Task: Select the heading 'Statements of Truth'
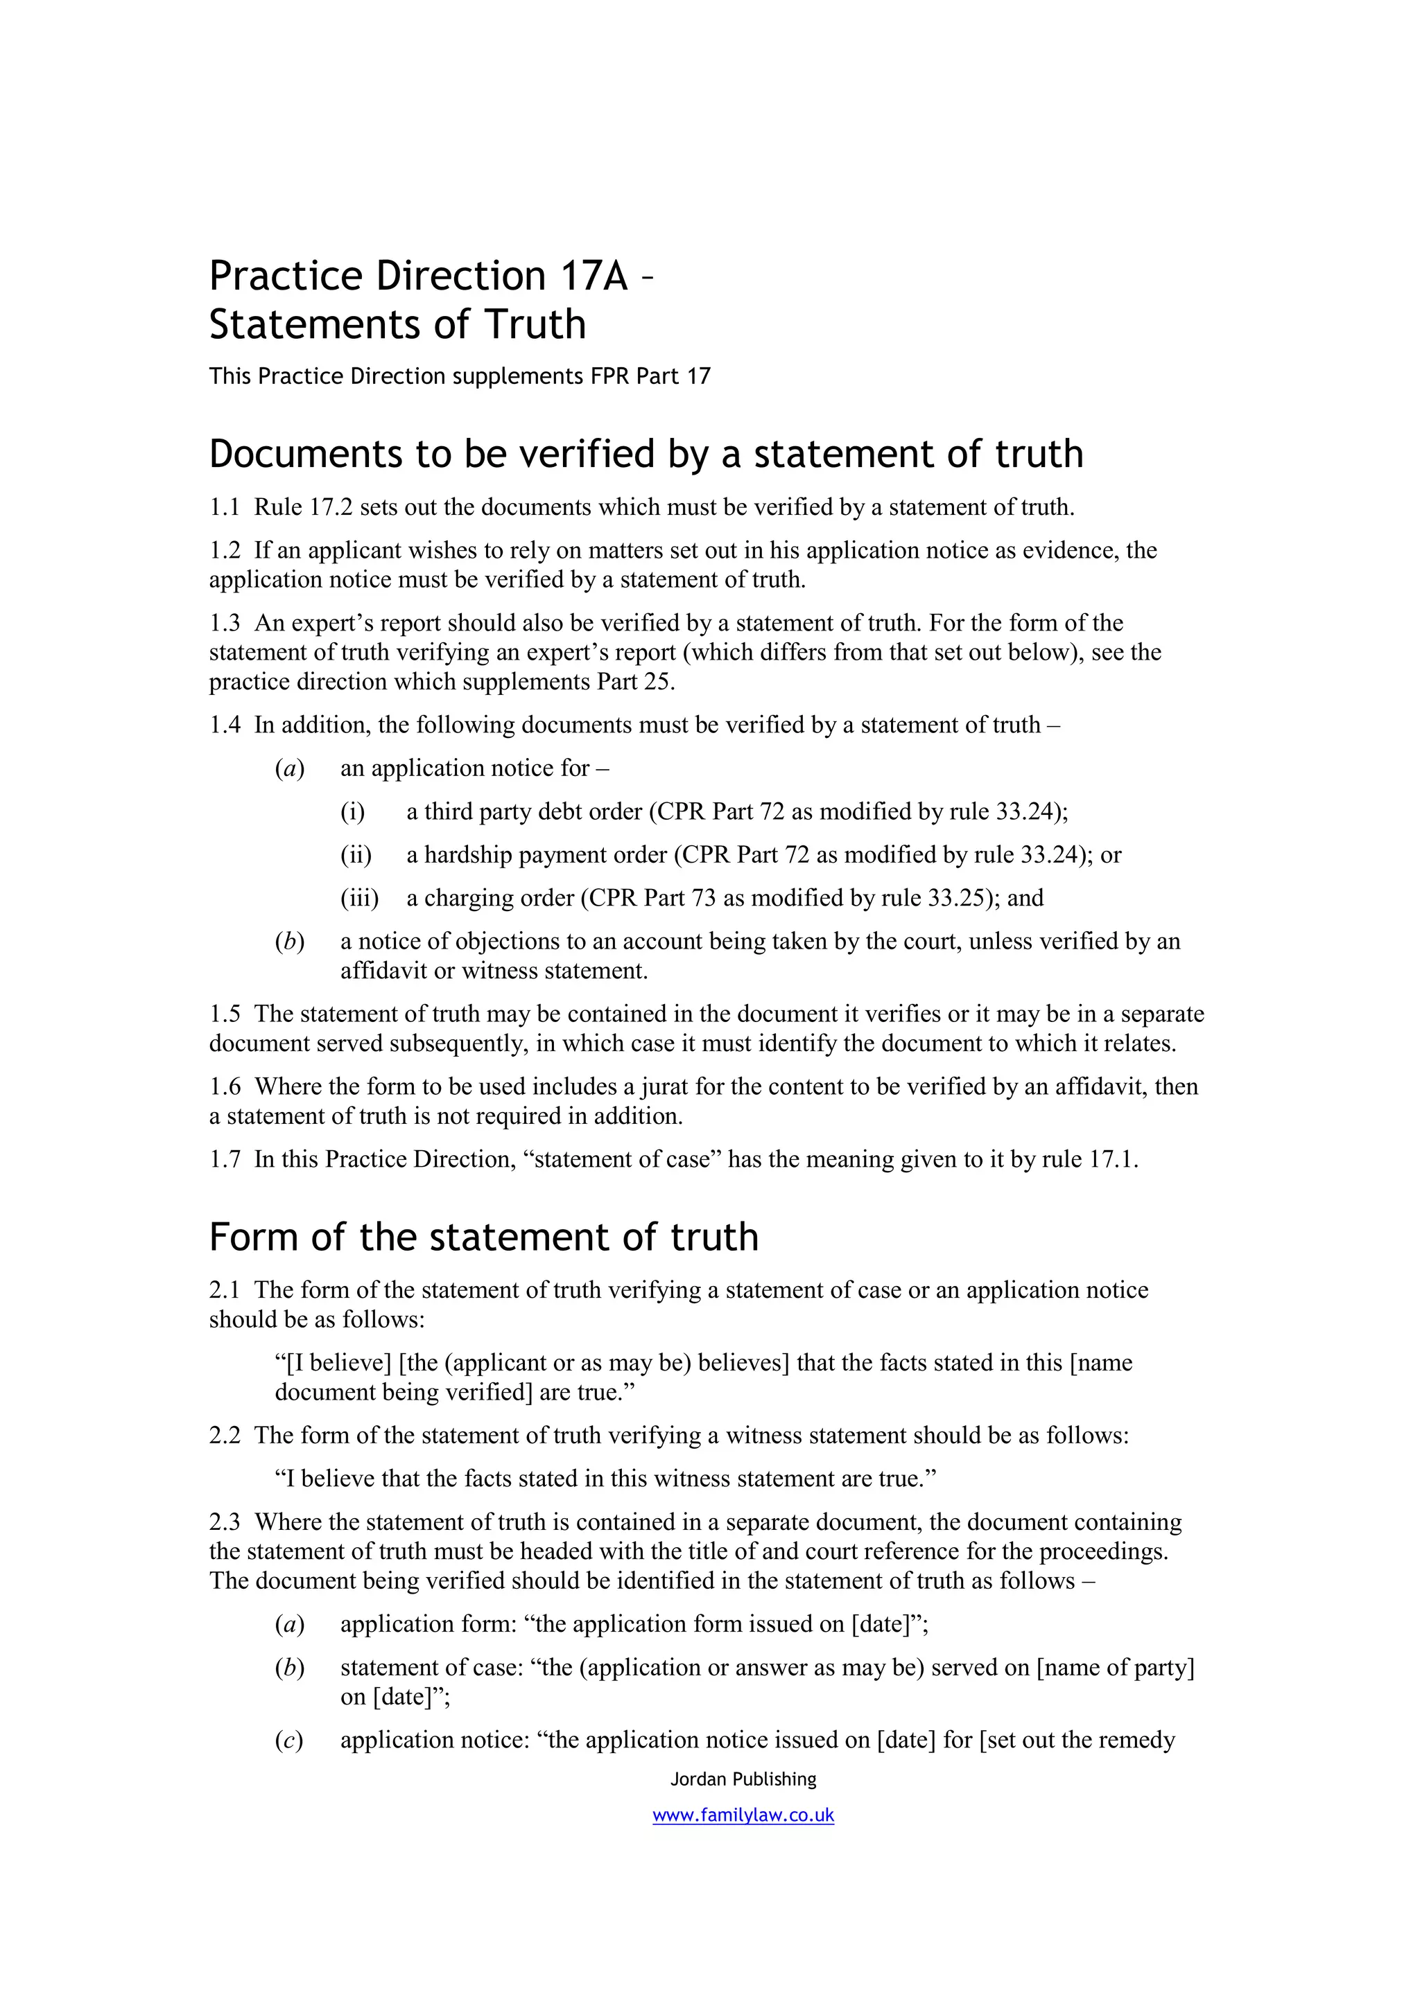pos(397,324)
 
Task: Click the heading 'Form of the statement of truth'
pos(483,1237)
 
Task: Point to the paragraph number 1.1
pos(224,507)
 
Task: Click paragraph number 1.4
pos(224,725)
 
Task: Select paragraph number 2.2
pos(224,1435)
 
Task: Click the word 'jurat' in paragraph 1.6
pos(665,1086)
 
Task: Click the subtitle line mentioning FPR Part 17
pos(459,376)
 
